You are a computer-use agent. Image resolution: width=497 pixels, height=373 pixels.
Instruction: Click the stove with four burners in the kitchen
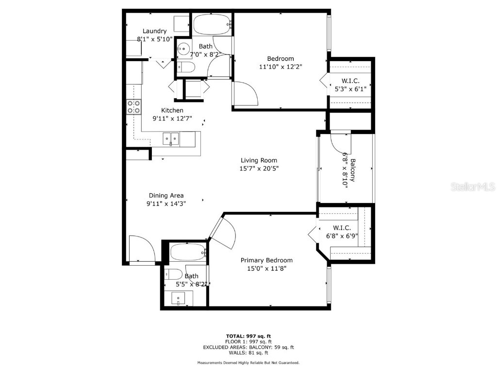133,107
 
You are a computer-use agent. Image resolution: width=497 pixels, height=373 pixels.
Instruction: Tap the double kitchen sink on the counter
170,139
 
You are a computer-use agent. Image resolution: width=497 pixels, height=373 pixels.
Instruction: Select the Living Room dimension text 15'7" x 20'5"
259,169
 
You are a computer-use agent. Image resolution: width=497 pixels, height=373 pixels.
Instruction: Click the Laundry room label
154,31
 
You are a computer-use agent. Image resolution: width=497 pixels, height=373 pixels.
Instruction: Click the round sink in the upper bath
182,48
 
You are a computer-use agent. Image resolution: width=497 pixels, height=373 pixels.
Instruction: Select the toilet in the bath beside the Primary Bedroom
174,274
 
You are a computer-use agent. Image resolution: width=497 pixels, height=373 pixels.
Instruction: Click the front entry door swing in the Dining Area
142,249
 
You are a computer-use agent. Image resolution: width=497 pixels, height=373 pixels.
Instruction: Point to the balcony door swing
340,141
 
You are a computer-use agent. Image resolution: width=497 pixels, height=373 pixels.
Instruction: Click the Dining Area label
166,196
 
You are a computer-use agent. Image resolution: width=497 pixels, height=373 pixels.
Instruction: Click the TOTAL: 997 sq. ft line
248,336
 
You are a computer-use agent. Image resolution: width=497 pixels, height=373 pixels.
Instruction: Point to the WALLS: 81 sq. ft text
248,353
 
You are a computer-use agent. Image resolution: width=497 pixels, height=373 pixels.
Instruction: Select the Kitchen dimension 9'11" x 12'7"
172,119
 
